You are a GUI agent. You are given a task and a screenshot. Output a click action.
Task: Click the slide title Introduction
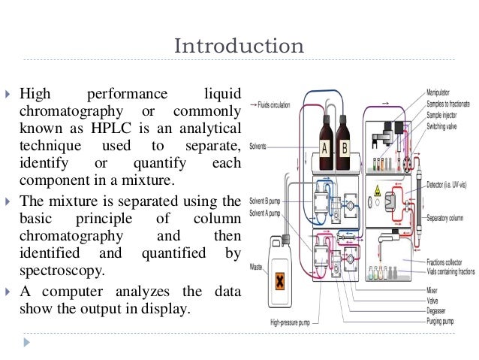pyautogui.click(x=239, y=46)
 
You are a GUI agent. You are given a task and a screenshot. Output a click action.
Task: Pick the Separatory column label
pyautogui.click(x=452, y=218)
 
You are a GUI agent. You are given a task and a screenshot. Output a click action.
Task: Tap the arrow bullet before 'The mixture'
pyautogui.click(x=25, y=201)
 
